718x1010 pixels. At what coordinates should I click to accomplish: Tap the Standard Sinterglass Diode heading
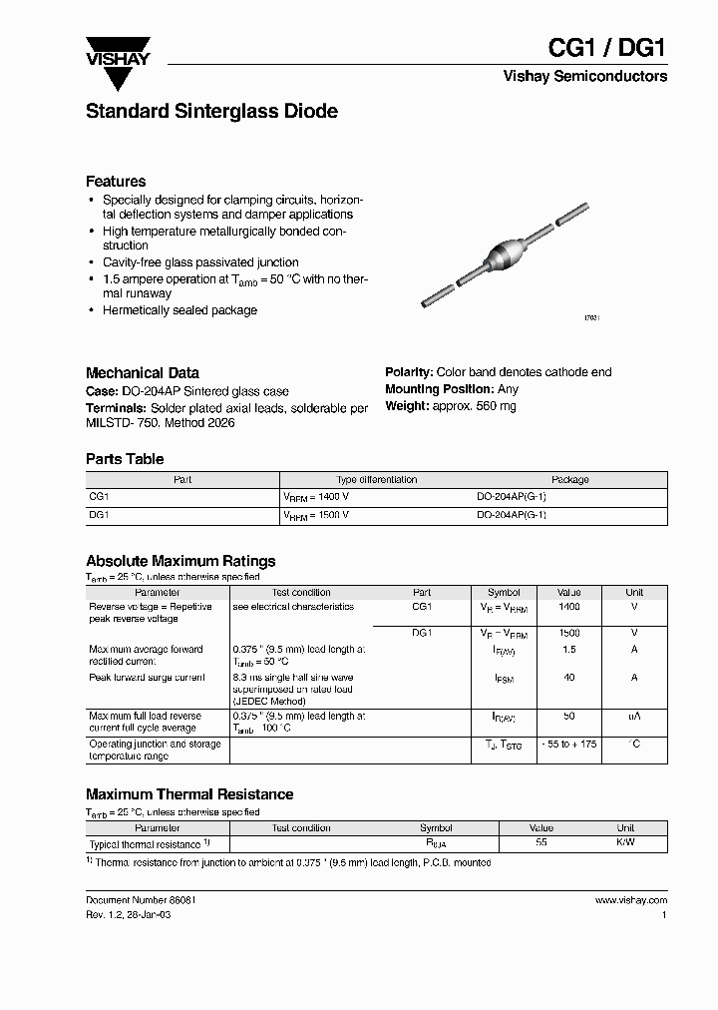tap(211, 112)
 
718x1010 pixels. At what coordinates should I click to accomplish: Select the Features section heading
tap(116, 182)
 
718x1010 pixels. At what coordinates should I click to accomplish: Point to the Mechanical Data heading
tap(142, 372)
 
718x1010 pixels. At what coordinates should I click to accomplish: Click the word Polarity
tap(408, 372)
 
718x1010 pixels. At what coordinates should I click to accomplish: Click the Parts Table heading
tap(125, 459)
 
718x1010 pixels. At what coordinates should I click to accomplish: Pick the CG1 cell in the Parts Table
tap(99, 496)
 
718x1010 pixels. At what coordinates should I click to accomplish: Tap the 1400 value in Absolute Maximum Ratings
tap(568, 607)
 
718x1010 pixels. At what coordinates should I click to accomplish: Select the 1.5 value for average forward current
tap(568, 650)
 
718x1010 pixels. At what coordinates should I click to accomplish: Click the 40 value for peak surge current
tap(568, 678)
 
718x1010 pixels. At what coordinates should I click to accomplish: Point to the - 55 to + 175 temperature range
tap(568, 745)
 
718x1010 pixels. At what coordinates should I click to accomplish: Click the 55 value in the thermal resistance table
tap(541, 843)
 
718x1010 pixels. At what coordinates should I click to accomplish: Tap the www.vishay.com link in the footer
tap(630, 900)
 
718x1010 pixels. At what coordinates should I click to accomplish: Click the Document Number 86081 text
tap(141, 900)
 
